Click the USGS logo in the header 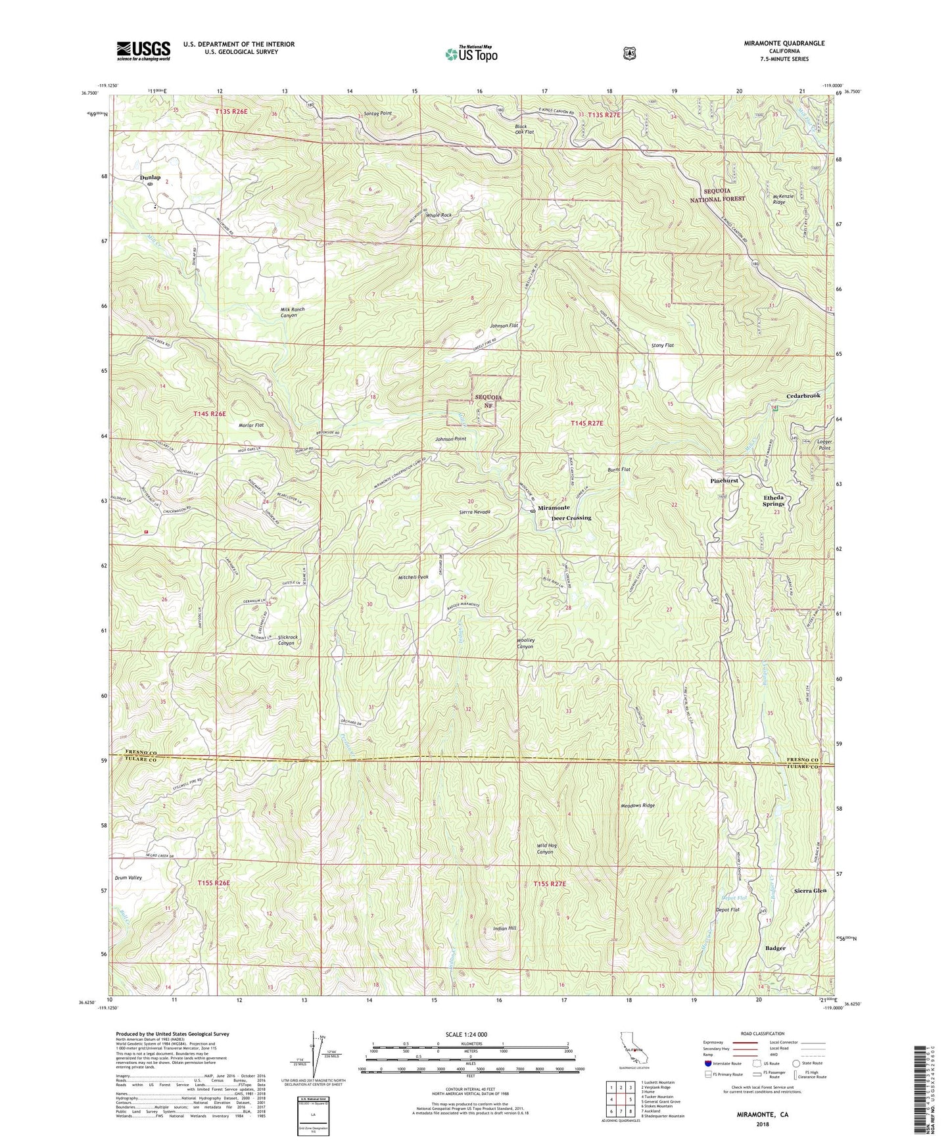point(143,51)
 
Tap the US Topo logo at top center point(470,53)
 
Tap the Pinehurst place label point(724,481)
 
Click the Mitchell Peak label point(413,577)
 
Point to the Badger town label point(775,948)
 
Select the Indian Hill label point(504,928)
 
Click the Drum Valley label point(128,878)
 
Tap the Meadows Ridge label point(638,805)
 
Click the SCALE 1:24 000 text point(466,1034)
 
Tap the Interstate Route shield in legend point(707,1063)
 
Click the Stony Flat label point(662,345)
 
